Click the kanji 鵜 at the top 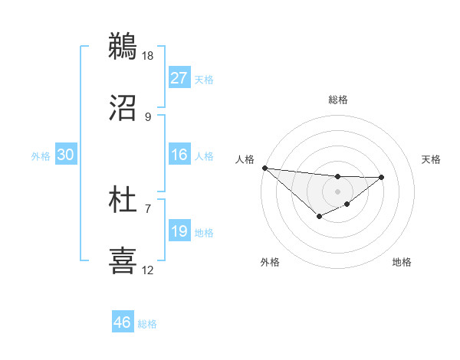[x=123, y=45]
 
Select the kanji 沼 [x=123, y=107]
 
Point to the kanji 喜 [x=123, y=260]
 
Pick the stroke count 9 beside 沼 [x=148, y=117]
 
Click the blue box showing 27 [x=179, y=78]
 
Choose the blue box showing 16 [x=179, y=155]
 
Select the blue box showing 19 [x=179, y=231]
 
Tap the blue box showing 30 [x=66, y=155]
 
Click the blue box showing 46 [x=123, y=322]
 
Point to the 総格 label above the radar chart [x=338, y=100]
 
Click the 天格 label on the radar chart [x=432, y=159]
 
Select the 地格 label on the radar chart [x=402, y=262]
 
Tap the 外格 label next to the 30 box [x=41, y=155]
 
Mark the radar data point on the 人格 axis [x=264, y=168]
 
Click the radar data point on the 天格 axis [x=382, y=177]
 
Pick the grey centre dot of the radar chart [x=338, y=191]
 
